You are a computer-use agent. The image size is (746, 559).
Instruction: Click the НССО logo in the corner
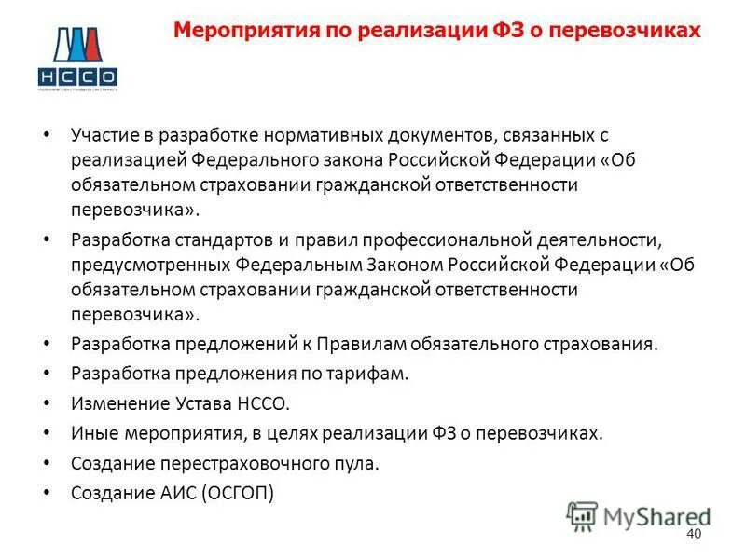(x=77, y=58)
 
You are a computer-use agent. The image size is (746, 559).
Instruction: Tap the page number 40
(x=693, y=533)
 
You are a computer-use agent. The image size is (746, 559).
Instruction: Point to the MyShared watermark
(x=639, y=515)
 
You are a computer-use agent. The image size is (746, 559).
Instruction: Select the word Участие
(x=105, y=136)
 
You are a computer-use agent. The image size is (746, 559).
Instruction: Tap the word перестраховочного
(x=234, y=463)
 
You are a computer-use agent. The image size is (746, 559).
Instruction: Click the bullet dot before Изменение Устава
(x=47, y=404)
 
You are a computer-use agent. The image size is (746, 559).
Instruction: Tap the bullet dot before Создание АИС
(x=47, y=493)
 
